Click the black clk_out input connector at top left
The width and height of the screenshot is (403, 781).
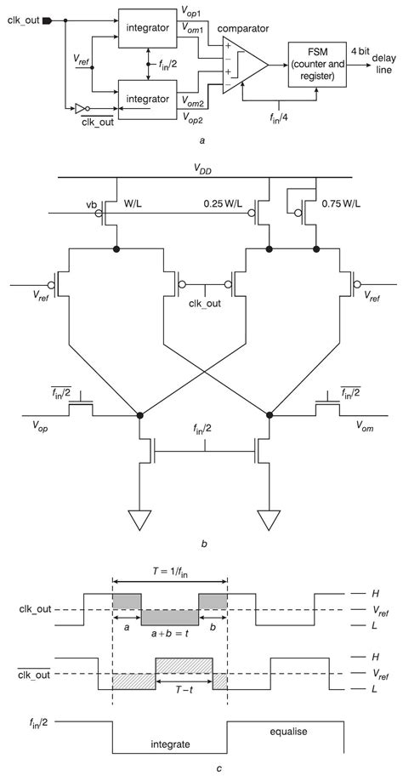pyautogui.click(x=48, y=18)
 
